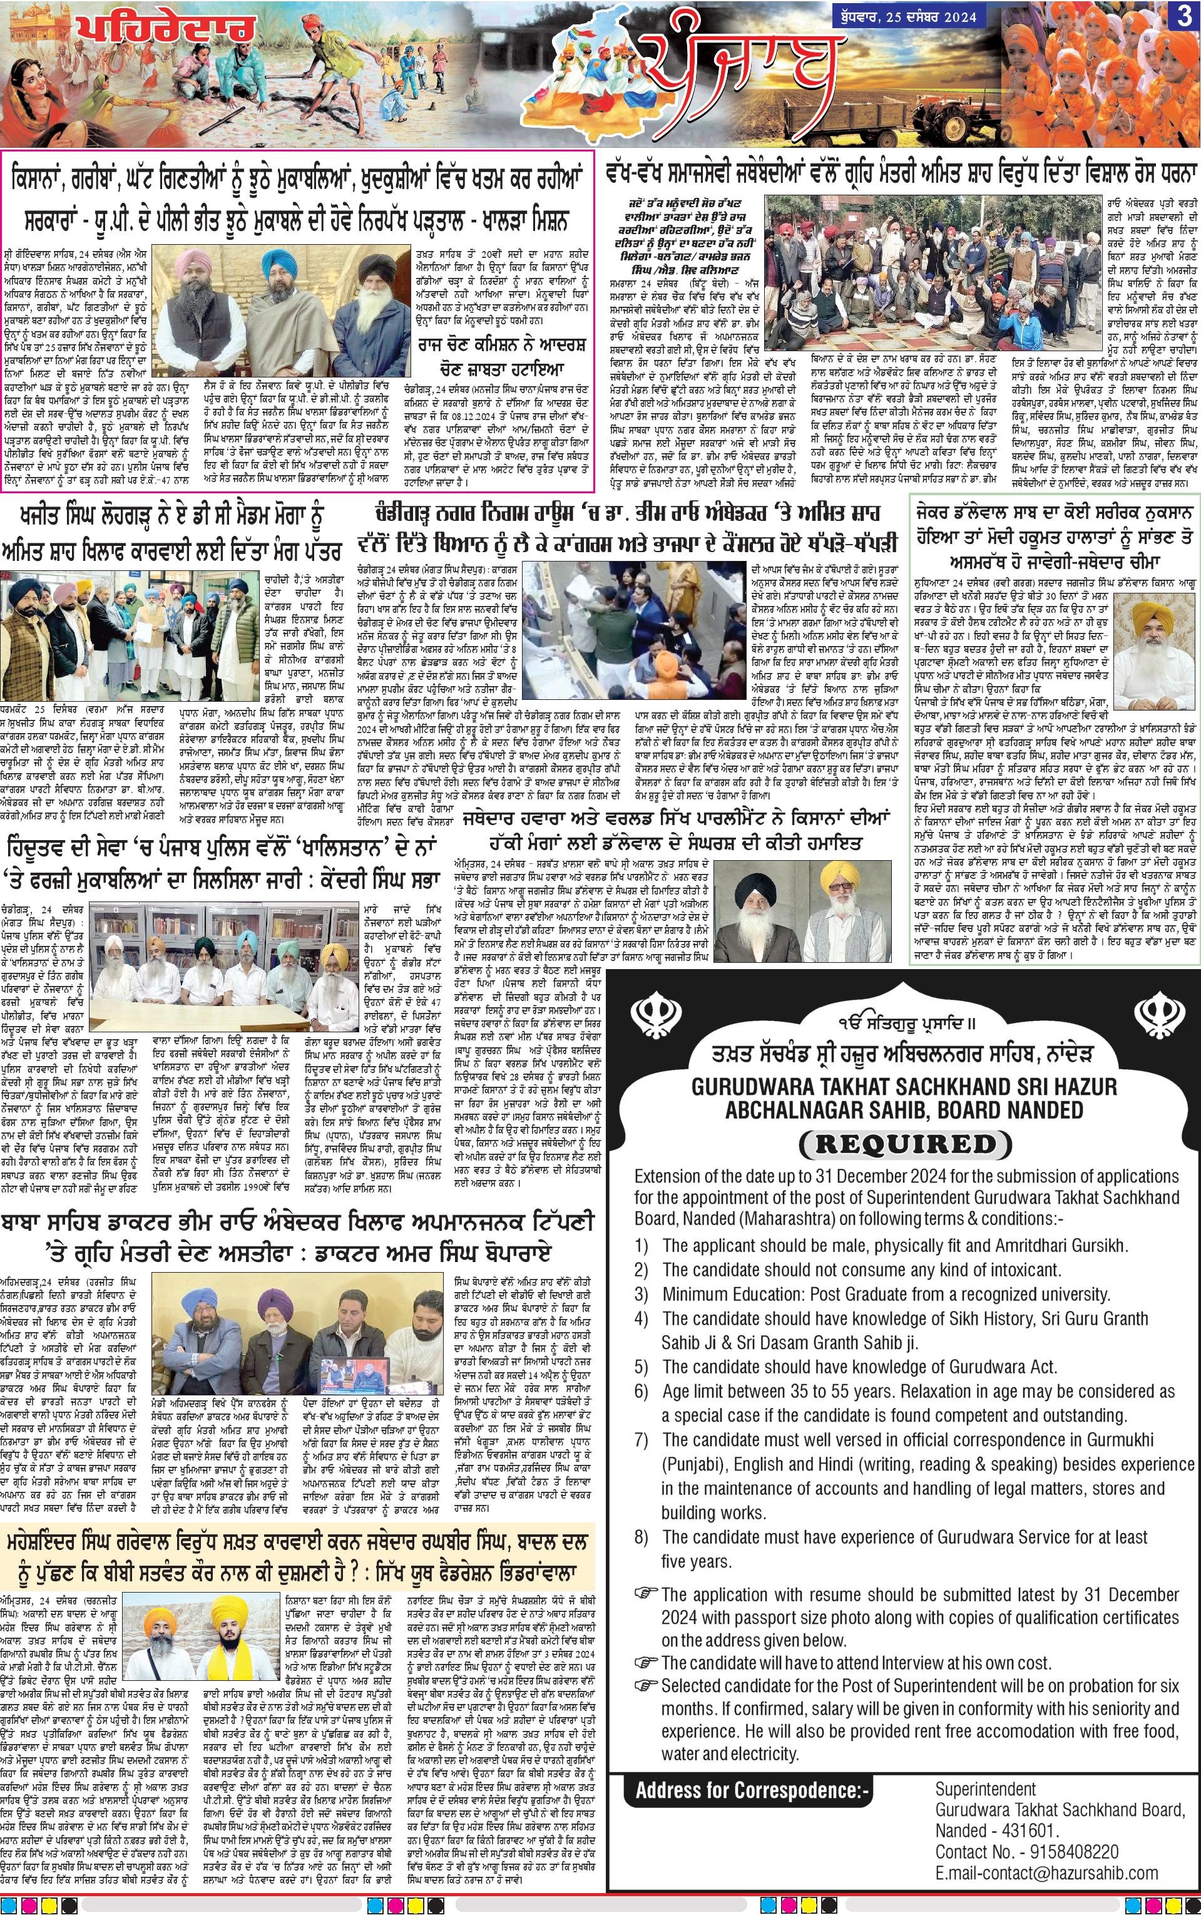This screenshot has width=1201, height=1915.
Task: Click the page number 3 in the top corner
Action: (x=1183, y=18)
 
